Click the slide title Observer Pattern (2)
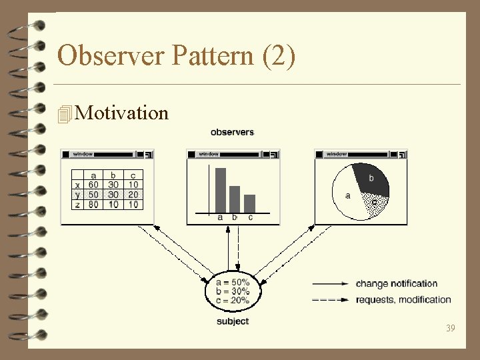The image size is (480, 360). click(176, 55)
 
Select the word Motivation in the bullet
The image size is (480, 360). click(122, 113)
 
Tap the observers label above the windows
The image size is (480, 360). click(232, 132)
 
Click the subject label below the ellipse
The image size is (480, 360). click(233, 321)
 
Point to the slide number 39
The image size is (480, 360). click(451, 327)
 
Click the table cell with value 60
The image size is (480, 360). click(93, 185)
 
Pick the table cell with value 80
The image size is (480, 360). click(93, 204)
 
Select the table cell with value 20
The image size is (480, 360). click(134, 195)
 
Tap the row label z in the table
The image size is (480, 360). click(77, 204)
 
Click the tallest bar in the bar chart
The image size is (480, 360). click(220, 189)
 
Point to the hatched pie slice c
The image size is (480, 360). click(373, 203)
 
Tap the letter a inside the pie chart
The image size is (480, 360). click(348, 195)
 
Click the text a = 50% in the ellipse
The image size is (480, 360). click(233, 282)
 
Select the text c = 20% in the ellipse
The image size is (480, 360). click(233, 300)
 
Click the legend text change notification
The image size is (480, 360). click(397, 284)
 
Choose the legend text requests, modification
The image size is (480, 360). click(403, 300)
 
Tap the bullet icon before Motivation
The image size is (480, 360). click(64, 114)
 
